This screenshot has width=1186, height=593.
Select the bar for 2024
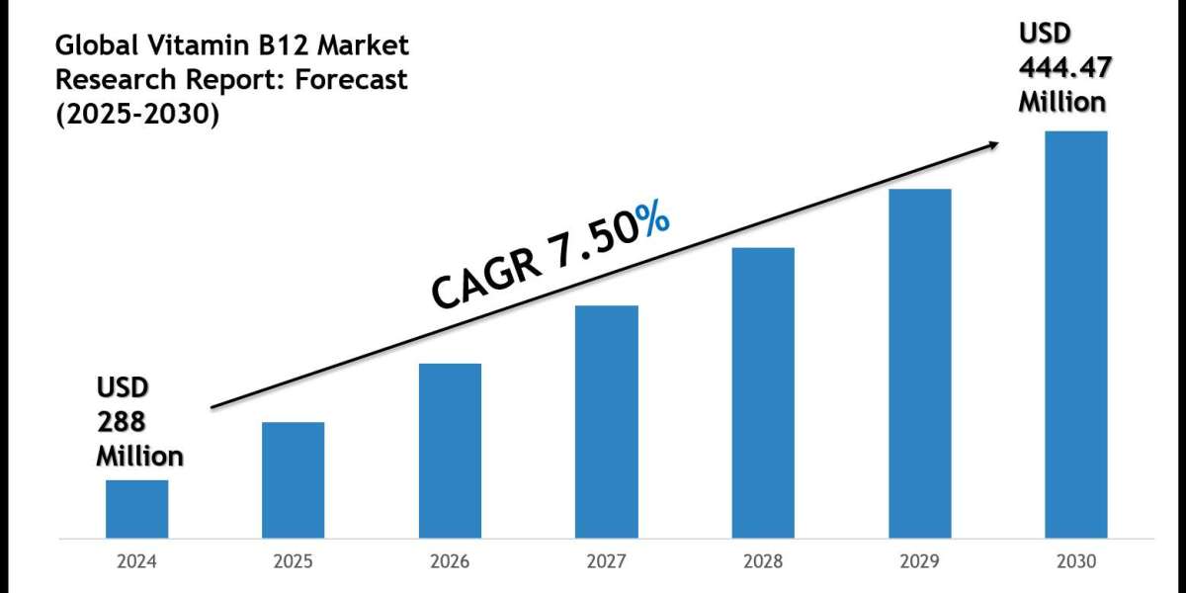click(x=136, y=509)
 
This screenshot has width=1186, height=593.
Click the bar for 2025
click(x=293, y=480)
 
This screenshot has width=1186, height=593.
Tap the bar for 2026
click(x=450, y=451)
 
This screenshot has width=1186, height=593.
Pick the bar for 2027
click(x=606, y=422)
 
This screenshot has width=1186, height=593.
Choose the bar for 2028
click(x=762, y=392)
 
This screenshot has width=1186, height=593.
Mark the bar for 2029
click(x=919, y=364)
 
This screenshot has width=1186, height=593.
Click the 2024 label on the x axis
click(x=136, y=561)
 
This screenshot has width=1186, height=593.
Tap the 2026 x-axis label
click(x=450, y=561)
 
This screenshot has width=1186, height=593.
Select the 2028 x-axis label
click(x=762, y=561)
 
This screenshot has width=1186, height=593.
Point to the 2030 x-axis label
click(x=1075, y=561)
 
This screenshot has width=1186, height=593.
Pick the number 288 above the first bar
click(x=121, y=422)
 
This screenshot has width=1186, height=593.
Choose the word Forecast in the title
click(x=351, y=80)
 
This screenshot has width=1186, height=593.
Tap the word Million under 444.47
click(x=1063, y=101)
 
